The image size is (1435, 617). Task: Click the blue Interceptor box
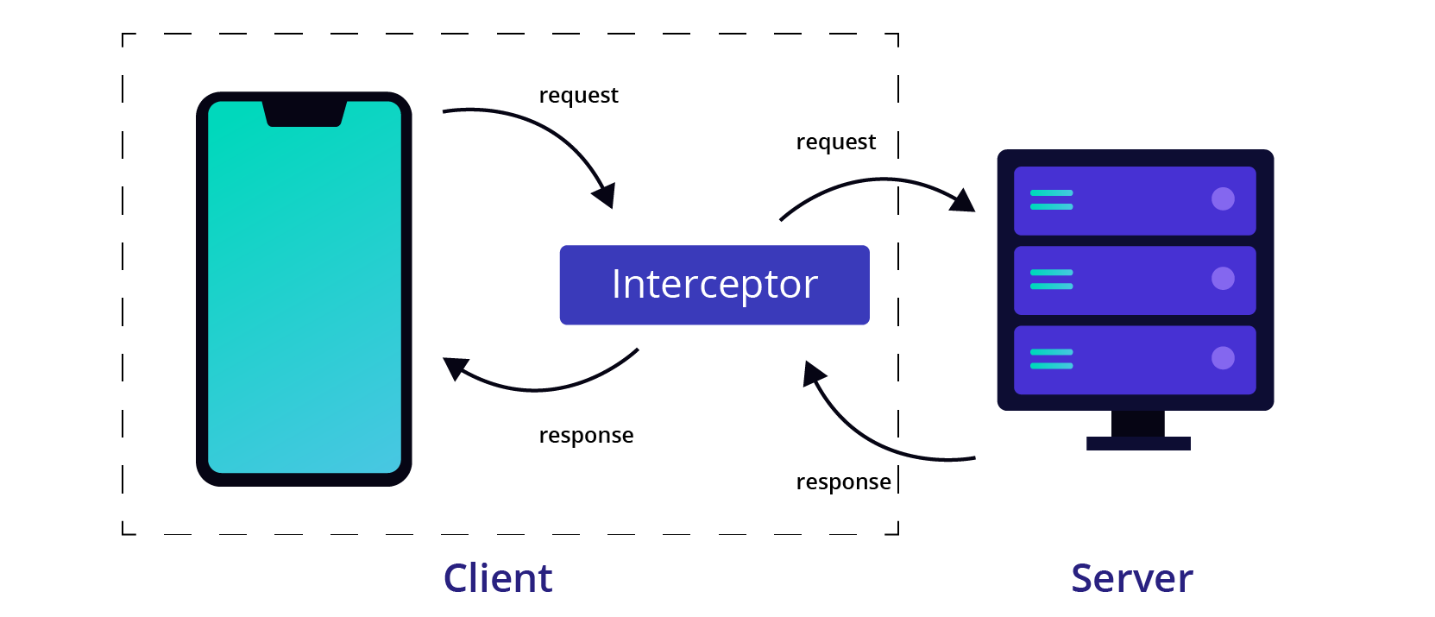click(714, 285)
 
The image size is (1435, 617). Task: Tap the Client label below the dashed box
click(498, 578)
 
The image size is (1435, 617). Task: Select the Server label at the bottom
click(1131, 578)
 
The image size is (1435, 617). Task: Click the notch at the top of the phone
click(304, 114)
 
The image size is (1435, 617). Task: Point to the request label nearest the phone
click(578, 95)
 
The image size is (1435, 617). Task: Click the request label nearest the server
click(835, 142)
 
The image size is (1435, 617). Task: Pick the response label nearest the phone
click(586, 435)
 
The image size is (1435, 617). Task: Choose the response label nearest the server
click(843, 482)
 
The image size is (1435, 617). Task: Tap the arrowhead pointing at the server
click(963, 201)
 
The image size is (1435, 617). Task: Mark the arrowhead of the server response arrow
click(813, 374)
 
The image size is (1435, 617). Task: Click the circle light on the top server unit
click(1223, 199)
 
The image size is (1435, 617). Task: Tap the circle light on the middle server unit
click(1223, 279)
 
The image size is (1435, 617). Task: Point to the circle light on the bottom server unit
click(1223, 358)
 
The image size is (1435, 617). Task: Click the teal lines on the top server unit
click(1051, 200)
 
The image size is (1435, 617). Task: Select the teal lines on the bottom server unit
click(1051, 359)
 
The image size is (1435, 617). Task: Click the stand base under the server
click(1138, 443)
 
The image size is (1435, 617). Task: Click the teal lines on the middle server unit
click(1051, 280)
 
